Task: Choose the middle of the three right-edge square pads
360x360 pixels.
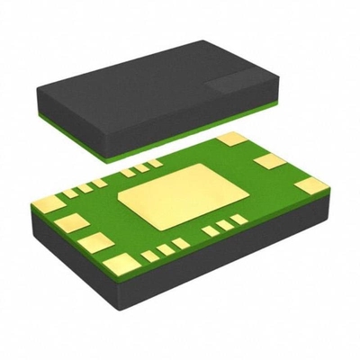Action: coord(267,162)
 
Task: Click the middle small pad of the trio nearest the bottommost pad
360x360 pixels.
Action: coord(166,249)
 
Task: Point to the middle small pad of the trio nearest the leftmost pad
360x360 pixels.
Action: coord(82,188)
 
